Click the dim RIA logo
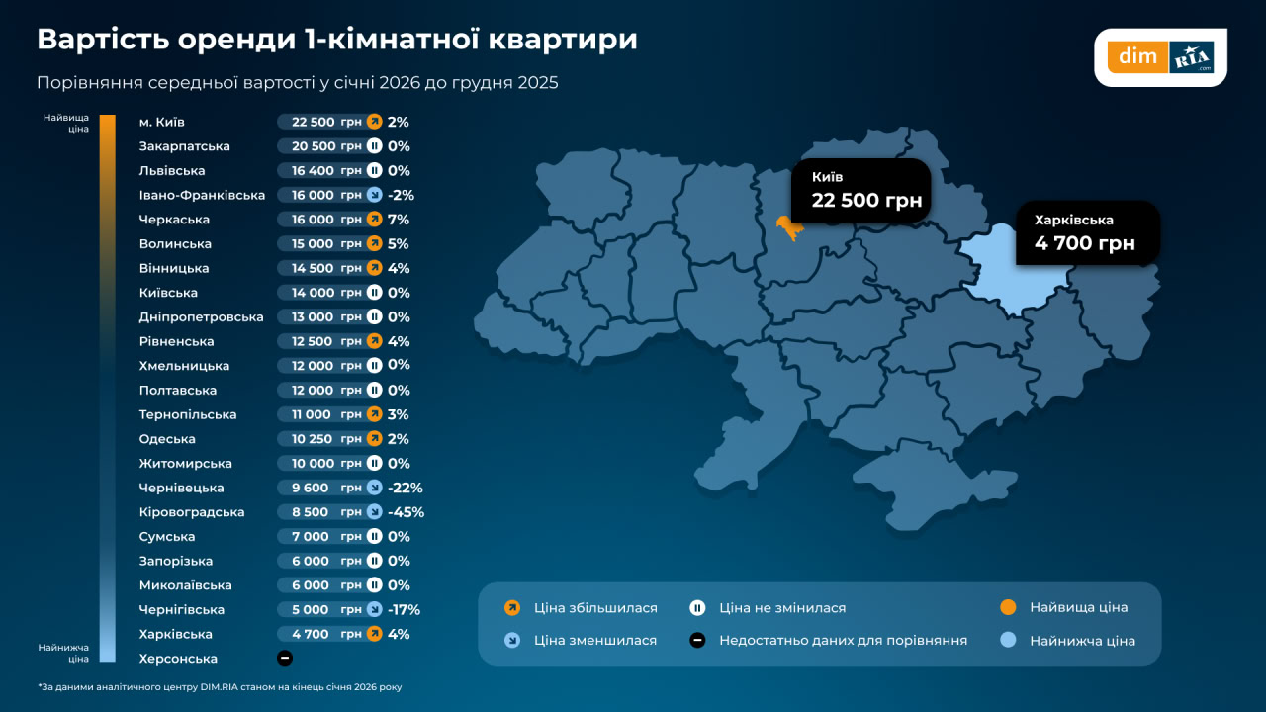[1160, 57]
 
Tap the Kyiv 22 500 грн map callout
[860, 190]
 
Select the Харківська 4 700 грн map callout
[1086, 232]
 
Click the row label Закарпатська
[185, 146]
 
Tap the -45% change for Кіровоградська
[406, 512]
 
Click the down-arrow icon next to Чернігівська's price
[374, 610]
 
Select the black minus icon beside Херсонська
[285, 659]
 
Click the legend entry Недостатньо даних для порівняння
[843, 641]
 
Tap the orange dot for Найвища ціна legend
[1008, 608]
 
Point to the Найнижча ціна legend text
[1082, 641]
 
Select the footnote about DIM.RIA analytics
[220, 686]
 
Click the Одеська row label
[167, 439]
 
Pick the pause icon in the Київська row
[374, 293]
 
